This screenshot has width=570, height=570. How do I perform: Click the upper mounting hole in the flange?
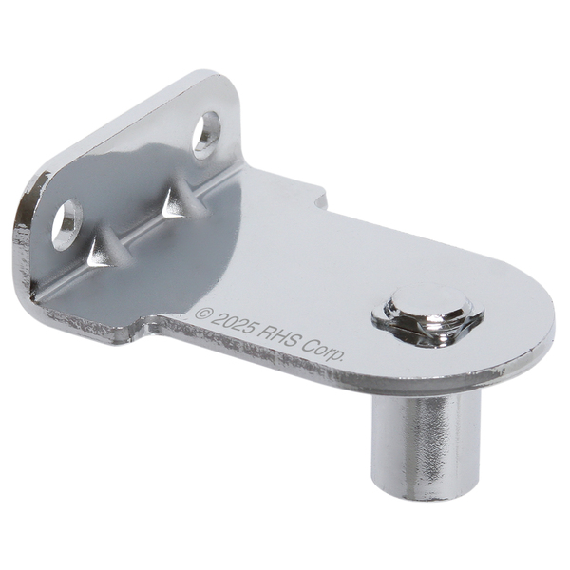[206, 135]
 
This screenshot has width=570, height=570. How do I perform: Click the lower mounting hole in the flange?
[66, 224]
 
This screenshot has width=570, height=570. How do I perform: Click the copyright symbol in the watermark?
[203, 313]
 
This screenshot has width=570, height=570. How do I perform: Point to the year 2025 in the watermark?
[233, 323]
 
